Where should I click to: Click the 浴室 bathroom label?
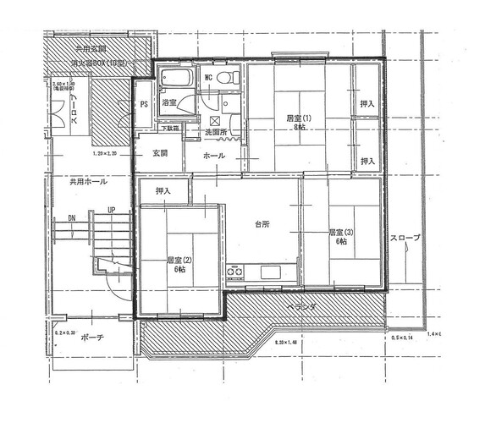coord(169,102)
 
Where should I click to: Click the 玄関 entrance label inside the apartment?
coord(160,153)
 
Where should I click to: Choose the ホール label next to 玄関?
coord(214,157)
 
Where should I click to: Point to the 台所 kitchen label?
coord(262,224)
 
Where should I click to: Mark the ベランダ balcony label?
coord(300,307)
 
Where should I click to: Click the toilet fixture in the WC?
coord(226,78)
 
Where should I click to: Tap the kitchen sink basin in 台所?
coord(272,272)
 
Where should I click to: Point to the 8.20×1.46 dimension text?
coord(292,343)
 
